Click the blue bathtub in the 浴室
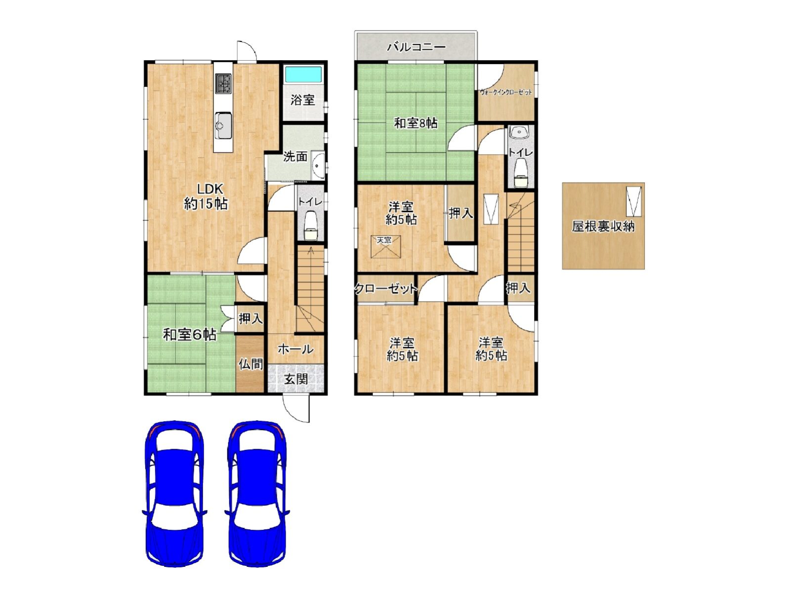pos(303,75)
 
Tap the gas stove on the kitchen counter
pos(223,83)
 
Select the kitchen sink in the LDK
pos(223,125)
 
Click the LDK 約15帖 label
pos(206,197)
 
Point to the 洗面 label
pos(295,157)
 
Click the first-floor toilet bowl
pos(311,226)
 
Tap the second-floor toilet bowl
pos(520,173)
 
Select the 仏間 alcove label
pos(251,364)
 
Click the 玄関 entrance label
pos(296,379)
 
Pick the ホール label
pos(295,349)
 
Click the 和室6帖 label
pos(190,335)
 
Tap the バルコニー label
pos(416,47)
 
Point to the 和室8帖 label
pos(416,123)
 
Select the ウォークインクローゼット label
pos(506,92)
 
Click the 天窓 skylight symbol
pos(386,247)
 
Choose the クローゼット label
pos(386,289)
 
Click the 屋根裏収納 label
pos(603,226)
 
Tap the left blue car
pos(174,493)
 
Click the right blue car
pos(257,493)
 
